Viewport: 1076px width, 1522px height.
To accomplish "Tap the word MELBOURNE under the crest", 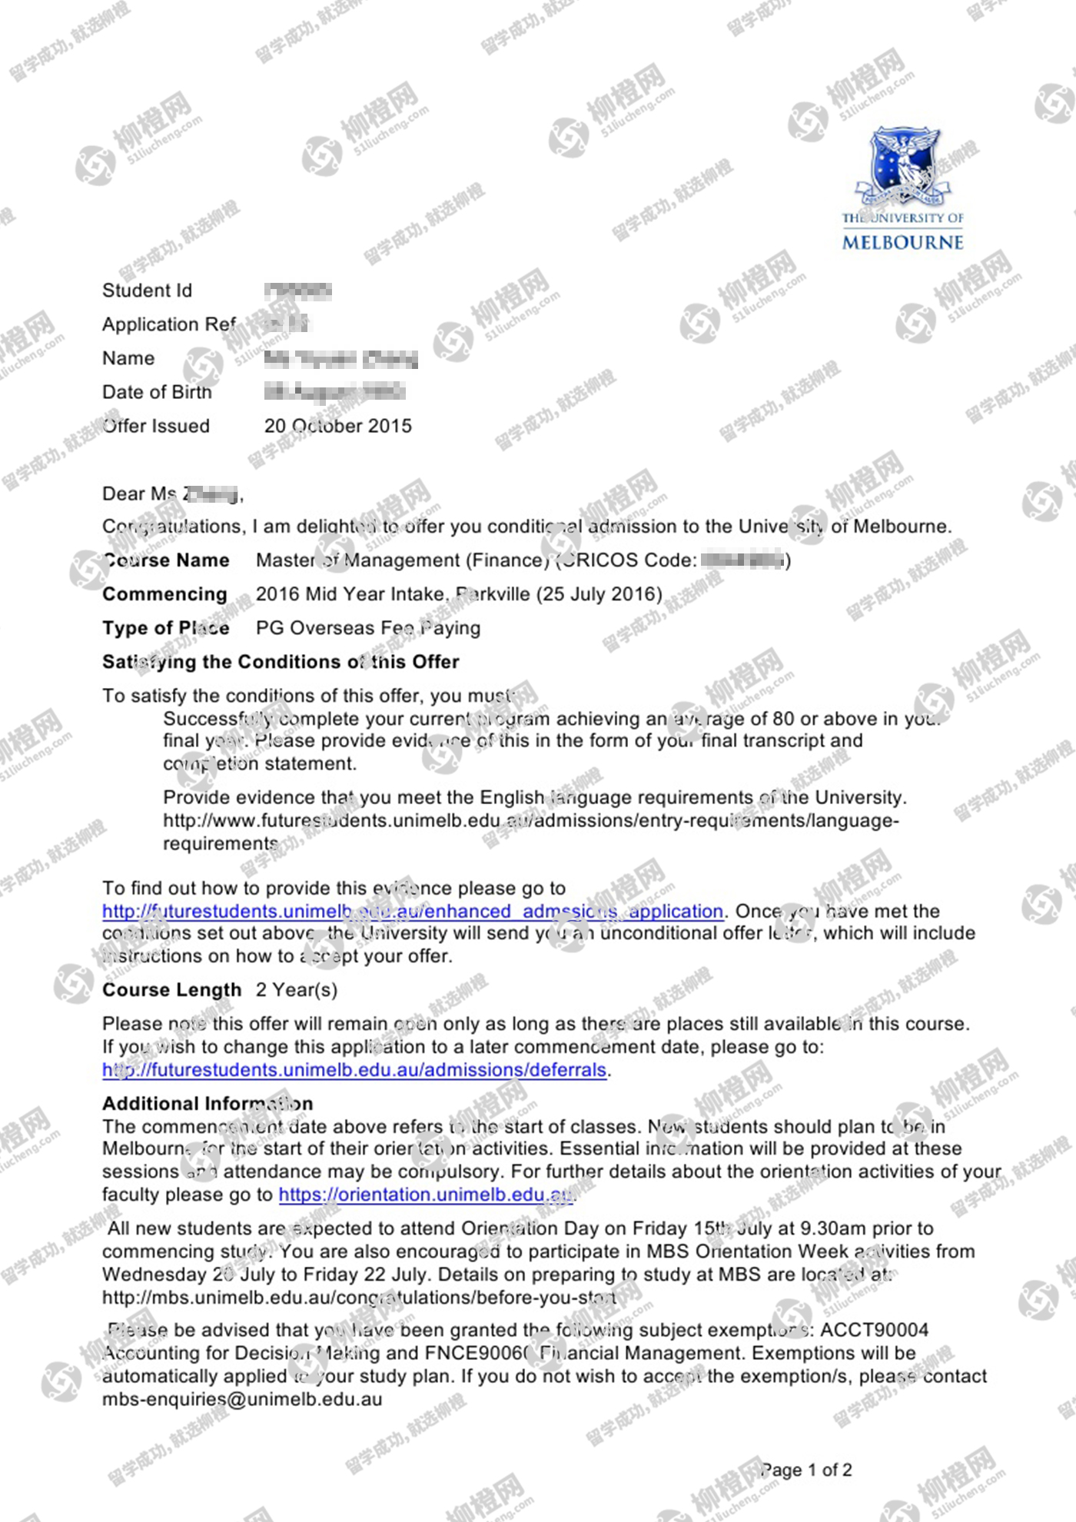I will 902,243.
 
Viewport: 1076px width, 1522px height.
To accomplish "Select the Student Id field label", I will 147,291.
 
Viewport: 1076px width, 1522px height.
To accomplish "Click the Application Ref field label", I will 169,324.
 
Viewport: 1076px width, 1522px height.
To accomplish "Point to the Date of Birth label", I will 157,392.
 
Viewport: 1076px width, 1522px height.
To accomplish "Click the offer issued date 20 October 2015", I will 337,426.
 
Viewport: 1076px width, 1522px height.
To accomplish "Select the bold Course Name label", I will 166,560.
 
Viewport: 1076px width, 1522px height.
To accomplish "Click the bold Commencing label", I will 164,594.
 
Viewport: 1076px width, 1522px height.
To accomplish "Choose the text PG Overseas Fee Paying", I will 368,628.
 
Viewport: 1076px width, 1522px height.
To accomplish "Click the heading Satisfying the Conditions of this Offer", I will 281,662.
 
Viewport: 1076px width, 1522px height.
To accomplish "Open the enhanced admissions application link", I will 413,911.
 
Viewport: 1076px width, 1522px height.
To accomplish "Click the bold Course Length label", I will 171,990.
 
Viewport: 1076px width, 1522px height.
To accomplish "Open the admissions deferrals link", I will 354,1069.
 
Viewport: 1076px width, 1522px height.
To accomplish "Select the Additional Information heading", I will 208,1104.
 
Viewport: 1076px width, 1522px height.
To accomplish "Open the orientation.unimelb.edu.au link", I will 425,1195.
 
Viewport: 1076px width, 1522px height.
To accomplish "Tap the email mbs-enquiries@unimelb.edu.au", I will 242,1399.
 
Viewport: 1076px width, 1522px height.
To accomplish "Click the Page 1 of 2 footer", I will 806,1470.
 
